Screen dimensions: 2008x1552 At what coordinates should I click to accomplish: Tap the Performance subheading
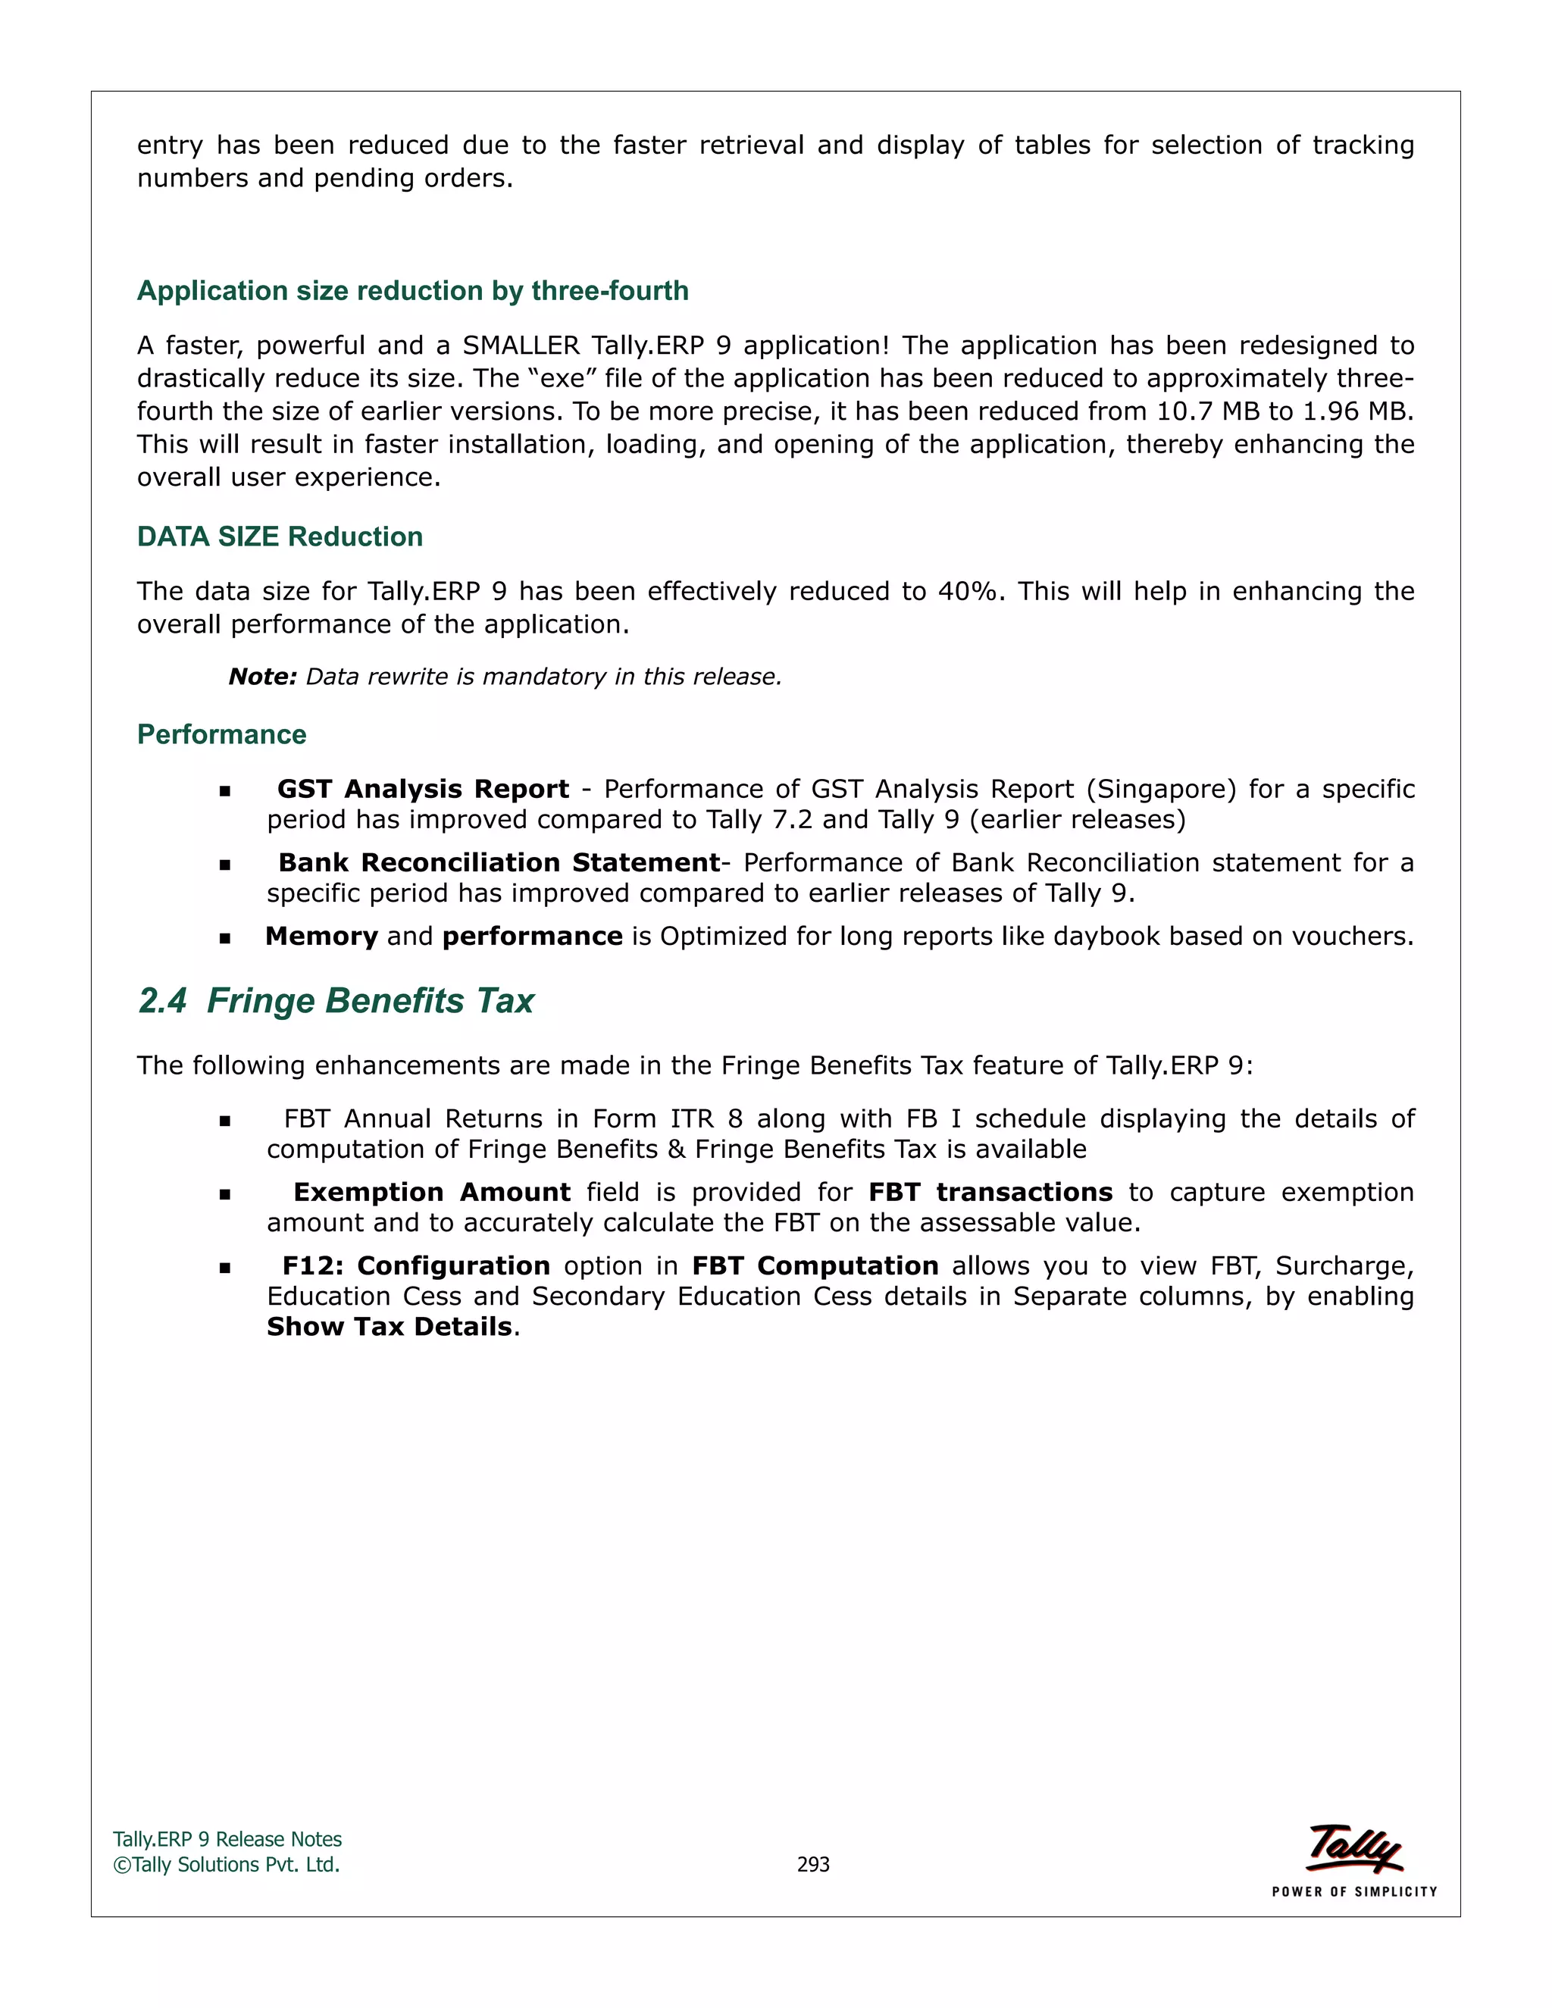[221, 733]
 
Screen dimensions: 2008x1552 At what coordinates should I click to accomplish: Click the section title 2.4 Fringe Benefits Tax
[336, 1000]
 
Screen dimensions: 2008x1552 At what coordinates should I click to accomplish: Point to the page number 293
[813, 1864]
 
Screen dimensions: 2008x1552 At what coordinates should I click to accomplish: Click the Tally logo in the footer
[1354, 1848]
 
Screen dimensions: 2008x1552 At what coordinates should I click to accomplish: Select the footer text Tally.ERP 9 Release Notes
[227, 1839]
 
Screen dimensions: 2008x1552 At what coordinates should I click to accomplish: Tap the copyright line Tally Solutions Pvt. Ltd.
[227, 1865]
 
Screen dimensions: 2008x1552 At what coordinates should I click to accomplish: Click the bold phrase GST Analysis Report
[423, 789]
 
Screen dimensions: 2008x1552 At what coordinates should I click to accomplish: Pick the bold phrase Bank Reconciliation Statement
[499, 862]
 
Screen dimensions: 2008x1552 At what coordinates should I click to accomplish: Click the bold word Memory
[322, 936]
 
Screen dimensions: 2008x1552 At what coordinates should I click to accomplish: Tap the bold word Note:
[262, 677]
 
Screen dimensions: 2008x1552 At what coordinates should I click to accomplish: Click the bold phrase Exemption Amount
[432, 1193]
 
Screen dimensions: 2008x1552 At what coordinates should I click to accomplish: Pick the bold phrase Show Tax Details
[389, 1327]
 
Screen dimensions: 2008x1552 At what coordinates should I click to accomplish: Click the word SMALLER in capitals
[521, 346]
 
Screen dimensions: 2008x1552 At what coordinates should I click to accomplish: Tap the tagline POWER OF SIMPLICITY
[1354, 1891]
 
